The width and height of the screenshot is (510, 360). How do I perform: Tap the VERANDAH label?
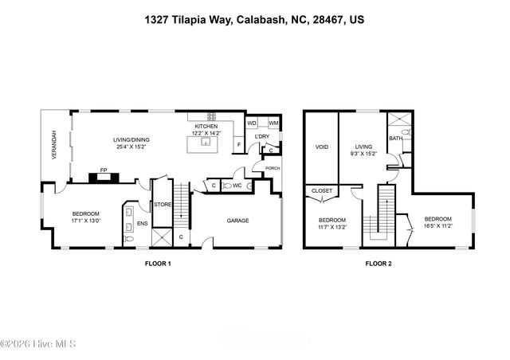coord(54,146)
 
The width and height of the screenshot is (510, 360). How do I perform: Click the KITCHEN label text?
coord(207,126)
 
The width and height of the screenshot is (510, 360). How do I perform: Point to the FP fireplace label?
coord(103,170)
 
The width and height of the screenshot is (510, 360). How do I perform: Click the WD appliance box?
coord(252,123)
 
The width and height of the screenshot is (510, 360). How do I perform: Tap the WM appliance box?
coord(273,123)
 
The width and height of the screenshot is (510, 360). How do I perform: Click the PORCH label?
coord(273,168)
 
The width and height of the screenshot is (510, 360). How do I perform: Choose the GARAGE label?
coord(238,221)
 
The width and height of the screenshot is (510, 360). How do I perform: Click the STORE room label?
coord(163,204)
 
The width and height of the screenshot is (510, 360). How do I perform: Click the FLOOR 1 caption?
coord(157,263)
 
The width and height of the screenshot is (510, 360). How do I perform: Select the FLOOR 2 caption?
coord(379,263)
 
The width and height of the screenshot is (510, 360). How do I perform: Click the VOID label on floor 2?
coord(322,147)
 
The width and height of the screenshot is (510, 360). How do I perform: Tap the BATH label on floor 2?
coord(396,139)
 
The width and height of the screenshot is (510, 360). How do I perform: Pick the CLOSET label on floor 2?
coord(322,191)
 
